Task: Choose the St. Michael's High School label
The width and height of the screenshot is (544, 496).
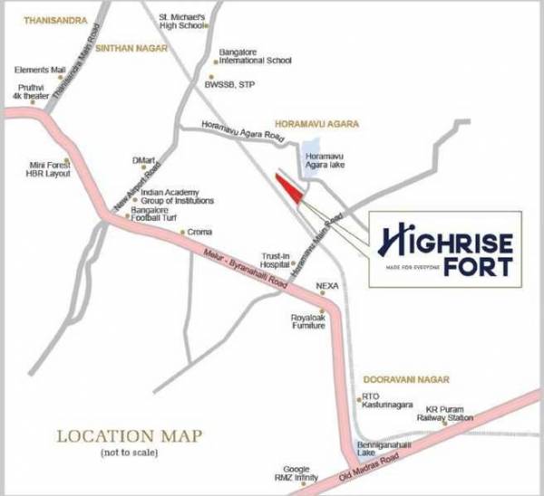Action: coord(182,20)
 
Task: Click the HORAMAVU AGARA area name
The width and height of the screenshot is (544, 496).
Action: coord(316,122)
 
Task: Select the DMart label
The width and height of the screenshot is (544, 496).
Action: coord(144,160)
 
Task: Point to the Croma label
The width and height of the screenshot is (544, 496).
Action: coord(199,233)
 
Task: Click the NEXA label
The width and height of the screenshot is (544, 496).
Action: coord(326,286)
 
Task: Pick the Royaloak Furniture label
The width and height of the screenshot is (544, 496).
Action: coord(307,321)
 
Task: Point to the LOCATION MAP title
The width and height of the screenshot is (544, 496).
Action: coord(129,436)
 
